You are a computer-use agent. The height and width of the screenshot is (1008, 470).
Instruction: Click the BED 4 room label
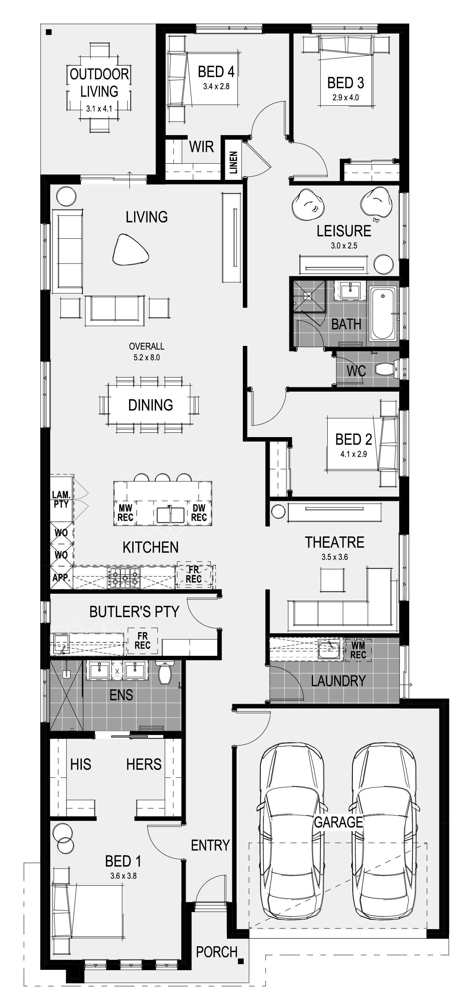[x=216, y=72]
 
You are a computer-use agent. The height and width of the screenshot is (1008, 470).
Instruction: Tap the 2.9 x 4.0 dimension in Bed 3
[x=346, y=97]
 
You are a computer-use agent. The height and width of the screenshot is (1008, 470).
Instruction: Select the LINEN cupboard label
[x=233, y=162]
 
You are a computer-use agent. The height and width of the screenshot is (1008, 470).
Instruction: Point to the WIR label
[x=201, y=147]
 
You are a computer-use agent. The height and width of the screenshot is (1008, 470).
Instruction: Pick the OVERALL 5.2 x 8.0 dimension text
[x=147, y=351]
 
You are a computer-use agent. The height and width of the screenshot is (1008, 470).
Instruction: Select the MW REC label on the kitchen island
[x=126, y=513]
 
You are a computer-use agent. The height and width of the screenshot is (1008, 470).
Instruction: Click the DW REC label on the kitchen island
[x=199, y=513]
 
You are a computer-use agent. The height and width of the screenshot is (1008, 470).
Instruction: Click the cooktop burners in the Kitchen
[x=124, y=578]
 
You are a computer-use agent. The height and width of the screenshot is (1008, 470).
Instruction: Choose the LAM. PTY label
[x=61, y=500]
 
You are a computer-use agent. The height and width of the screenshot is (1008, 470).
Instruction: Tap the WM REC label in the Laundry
[x=358, y=650]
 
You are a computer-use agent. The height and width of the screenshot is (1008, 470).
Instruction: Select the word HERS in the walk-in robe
[x=144, y=764]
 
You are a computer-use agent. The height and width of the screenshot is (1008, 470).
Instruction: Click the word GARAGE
[x=338, y=822]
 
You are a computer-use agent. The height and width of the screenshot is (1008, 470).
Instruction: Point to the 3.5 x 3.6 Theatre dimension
[x=335, y=557]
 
